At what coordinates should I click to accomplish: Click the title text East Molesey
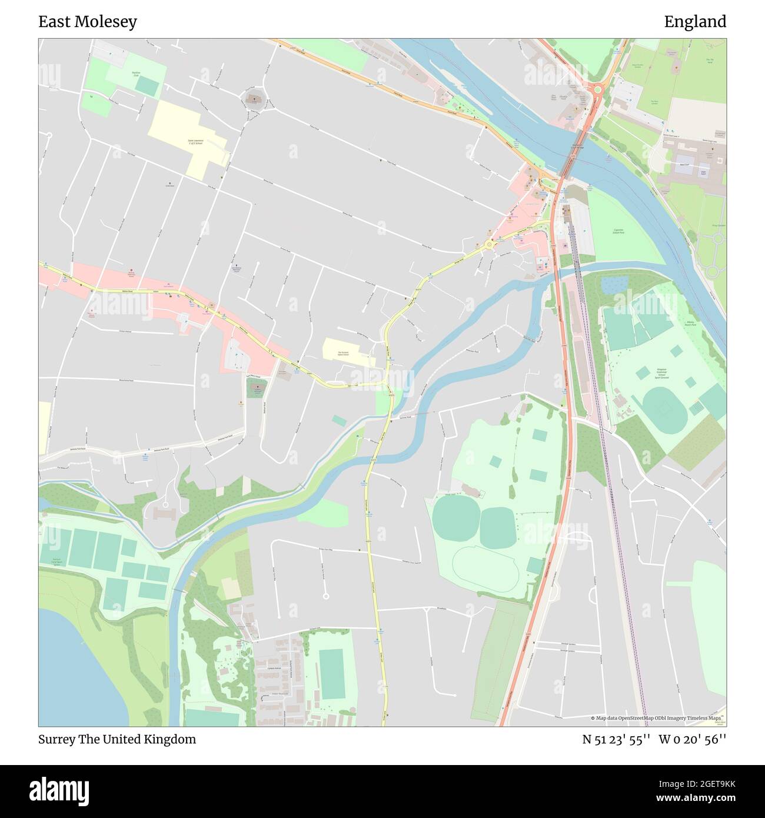click(88, 22)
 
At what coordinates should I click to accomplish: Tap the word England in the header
click(695, 22)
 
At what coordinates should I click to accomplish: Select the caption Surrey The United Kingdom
click(117, 739)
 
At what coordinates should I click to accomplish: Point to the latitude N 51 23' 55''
click(616, 739)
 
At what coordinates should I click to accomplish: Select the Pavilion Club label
click(135, 74)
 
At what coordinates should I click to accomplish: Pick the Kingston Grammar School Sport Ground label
click(664, 374)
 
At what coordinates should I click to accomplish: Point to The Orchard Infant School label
click(342, 354)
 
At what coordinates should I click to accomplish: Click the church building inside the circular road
click(254, 98)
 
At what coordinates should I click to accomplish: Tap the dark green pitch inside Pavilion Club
click(147, 86)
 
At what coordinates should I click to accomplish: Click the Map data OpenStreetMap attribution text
click(656, 718)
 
